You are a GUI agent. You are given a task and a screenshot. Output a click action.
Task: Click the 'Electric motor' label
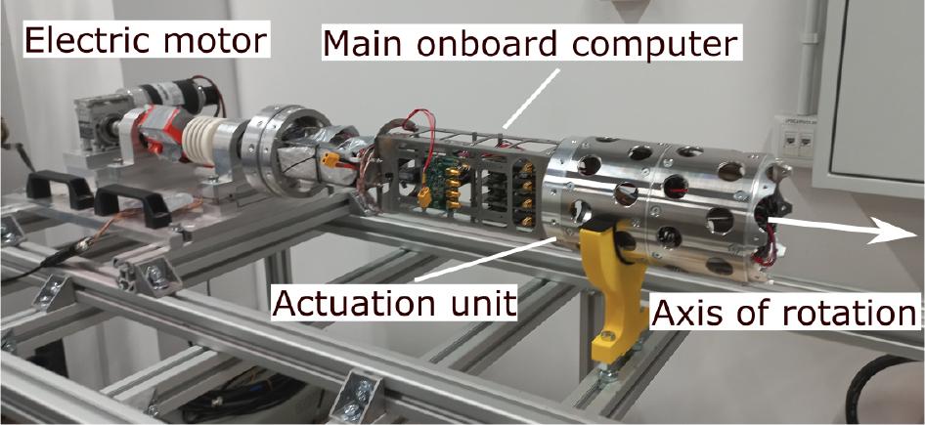147,39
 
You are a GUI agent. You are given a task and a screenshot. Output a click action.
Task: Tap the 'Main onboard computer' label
530,42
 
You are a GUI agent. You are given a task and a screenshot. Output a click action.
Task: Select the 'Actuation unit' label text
393,303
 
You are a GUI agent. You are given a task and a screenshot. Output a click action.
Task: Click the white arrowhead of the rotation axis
896,233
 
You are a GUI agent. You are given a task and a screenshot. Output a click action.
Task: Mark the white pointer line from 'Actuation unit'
485,259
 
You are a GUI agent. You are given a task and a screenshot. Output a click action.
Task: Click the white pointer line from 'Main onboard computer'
530,98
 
